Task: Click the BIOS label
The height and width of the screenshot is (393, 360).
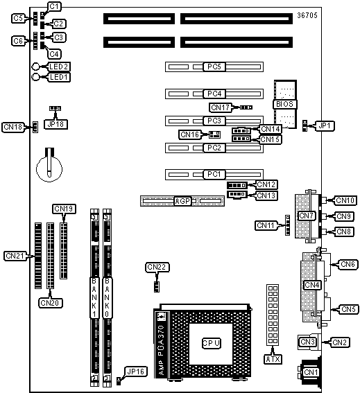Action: click(x=284, y=104)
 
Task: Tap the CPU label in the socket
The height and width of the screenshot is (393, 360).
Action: click(x=212, y=343)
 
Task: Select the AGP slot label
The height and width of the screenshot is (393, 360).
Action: click(x=182, y=201)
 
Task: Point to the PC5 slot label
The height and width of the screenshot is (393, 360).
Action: click(x=214, y=67)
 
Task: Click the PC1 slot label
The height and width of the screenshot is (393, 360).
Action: click(x=214, y=174)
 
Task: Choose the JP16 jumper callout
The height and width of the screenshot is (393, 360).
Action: click(x=136, y=372)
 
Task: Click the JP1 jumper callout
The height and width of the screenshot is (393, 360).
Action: click(x=324, y=126)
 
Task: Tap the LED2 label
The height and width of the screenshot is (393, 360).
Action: click(x=59, y=67)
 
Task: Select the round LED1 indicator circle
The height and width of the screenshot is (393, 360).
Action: click(x=36, y=77)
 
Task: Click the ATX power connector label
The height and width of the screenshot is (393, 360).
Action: click(x=273, y=359)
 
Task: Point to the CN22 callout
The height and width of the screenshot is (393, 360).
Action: click(x=157, y=267)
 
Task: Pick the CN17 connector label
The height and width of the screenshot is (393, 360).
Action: click(x=221, y=107)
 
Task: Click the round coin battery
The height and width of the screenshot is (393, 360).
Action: click(x=49, y=168)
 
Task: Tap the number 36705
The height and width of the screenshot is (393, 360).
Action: click(x=307, y=15)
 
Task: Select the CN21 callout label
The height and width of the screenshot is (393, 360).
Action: click(x=15, y=256)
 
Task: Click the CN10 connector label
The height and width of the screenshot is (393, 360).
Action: click(x=345, y=200)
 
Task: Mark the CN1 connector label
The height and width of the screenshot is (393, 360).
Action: click(x=311, y=372)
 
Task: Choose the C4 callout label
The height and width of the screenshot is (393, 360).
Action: click(x=54, y=54)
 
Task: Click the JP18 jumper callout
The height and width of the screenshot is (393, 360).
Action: click(x=55, y=124)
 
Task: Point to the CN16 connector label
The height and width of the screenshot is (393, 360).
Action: click(x=189, y=134)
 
